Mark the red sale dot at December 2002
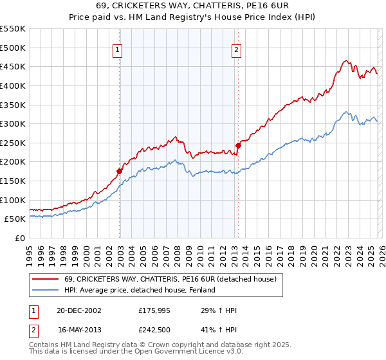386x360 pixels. click(120, 171)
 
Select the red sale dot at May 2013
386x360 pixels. click(237, 145)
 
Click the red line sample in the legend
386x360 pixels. click(46, 279)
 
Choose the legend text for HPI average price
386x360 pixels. click(139, 290)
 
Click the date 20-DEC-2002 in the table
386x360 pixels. click(79, 310)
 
